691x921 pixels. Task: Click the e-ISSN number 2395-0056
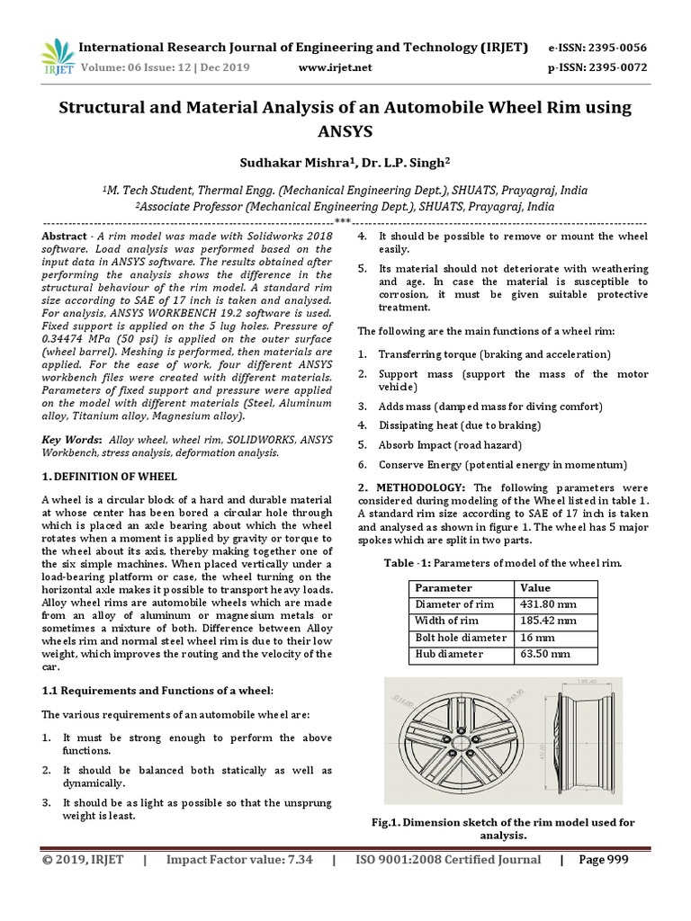[x=597, y=47]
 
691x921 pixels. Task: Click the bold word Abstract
[x=66, y=235]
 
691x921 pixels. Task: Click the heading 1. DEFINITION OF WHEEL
[x=110, y=476]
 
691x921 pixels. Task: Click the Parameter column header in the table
[x=442, y=587]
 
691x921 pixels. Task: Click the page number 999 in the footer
[x=615, y=860]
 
